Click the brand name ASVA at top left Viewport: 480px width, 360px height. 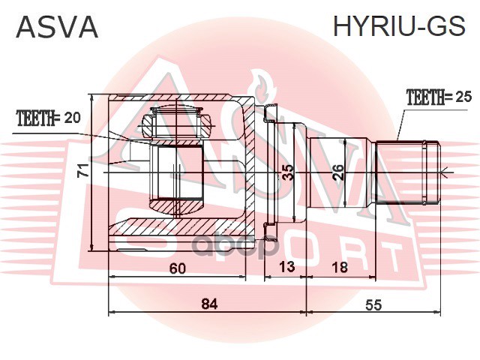click(57, 27)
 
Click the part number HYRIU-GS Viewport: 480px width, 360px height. click(399, 26)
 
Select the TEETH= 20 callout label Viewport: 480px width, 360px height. click(49, 118)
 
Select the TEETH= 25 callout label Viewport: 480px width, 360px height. click(439, 97)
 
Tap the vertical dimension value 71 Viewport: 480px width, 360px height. click(83, 170)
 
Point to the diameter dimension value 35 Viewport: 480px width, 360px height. click(288, 172)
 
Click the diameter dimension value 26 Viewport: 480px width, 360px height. click(338, 172)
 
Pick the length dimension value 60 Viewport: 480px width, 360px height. click(178, 268)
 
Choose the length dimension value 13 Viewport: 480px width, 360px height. click(286, 266)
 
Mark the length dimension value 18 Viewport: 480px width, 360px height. click(340, 267)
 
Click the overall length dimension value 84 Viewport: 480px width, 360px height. click(210, 304)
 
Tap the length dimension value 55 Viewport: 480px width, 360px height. click(373, 305)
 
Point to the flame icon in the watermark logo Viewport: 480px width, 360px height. click(262, 87)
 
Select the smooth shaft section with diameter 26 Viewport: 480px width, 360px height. click(341, 172)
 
